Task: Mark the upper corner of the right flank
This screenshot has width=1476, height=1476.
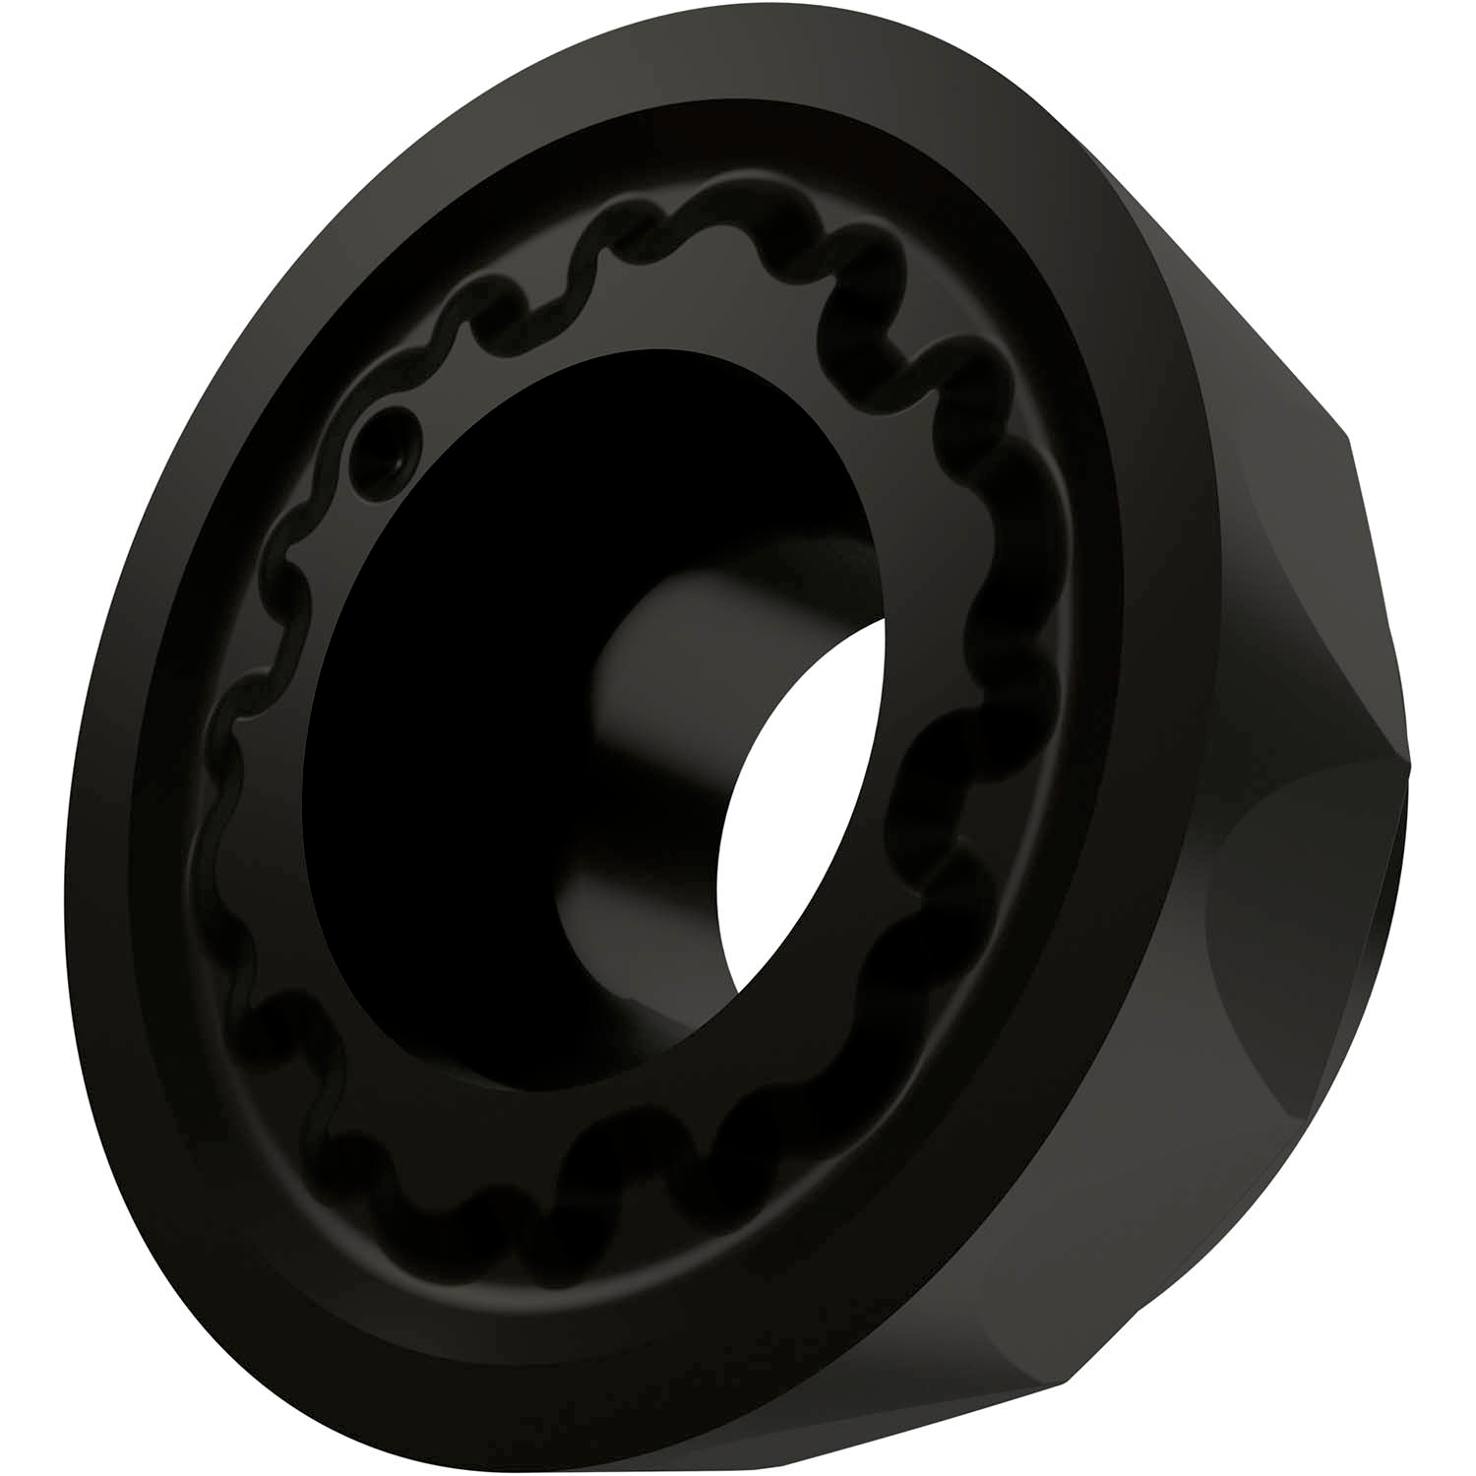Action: point(1346,433)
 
